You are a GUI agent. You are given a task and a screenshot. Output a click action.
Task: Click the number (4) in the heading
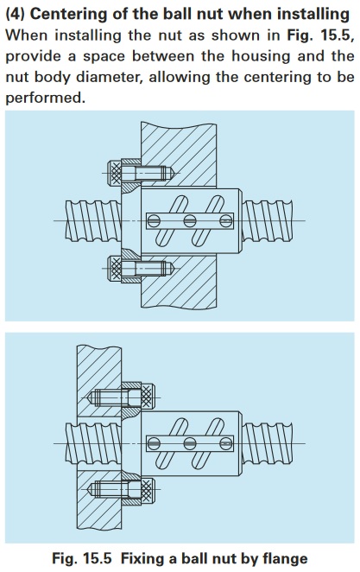(x=16, y=14)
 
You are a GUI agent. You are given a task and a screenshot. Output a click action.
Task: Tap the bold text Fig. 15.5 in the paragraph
(x=319, y=35)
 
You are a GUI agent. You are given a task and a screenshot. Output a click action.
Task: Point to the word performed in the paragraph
(x=45, y=98)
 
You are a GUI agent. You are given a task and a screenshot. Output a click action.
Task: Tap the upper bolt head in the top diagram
(x=115, y=173)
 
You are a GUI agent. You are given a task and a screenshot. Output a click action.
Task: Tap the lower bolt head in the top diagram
(x=115, y=268)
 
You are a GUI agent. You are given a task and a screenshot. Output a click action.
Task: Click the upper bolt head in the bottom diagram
(x=148, y=397)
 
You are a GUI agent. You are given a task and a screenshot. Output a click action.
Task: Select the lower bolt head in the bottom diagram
(x=148, y=489)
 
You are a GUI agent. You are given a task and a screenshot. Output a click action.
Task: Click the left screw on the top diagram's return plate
(x=155, y=220)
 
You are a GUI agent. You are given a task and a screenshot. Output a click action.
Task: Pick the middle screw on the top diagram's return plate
(x=190, y=220)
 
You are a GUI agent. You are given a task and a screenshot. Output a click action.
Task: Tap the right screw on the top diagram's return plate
(x=225, y=220)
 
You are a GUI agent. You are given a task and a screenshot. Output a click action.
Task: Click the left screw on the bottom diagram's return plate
(x=155, y=443)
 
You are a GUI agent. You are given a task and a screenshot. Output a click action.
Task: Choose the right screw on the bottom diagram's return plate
(x=225, y=443)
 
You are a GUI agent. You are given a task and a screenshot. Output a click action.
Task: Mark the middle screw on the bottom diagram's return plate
(x=190, y=443)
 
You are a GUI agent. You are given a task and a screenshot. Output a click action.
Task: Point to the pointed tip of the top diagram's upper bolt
(x=174, y=173)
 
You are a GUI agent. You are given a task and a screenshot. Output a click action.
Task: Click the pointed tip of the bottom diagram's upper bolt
(x=89, y=397)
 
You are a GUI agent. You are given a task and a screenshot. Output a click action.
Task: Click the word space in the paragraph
(x=104, y=56)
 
